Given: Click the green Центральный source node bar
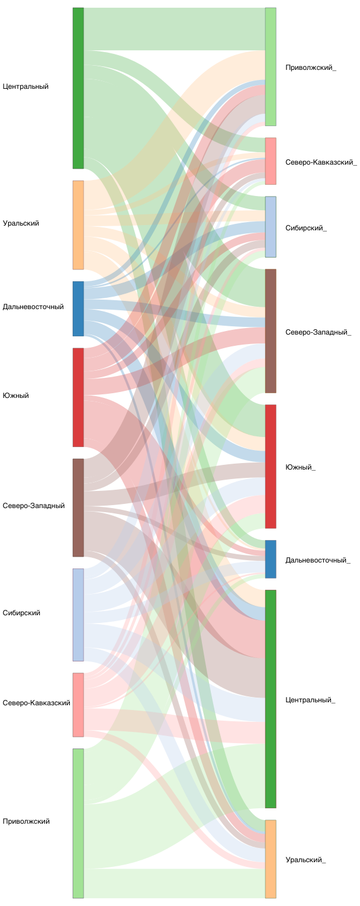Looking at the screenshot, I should click(78, 88).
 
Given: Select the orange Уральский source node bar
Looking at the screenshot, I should click(78, 225).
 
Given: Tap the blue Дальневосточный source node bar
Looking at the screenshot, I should click(78, 309).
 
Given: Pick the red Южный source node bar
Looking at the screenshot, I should click(78, 397).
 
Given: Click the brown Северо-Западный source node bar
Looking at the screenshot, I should click(78, 507).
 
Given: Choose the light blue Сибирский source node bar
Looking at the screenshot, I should click(78, 615).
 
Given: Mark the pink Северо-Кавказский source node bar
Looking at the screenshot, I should click(78, 705).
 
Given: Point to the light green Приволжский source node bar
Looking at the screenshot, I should click(78, 823).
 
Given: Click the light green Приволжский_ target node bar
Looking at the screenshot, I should click(271, 67).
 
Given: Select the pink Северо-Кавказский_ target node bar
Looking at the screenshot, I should click(271, 161).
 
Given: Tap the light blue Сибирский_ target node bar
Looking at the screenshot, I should click(271, 227).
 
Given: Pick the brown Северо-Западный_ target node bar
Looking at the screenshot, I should click(271, 331).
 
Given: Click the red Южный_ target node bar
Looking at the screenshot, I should click(271, 467).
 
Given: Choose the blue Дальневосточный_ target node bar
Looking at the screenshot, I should click(271, 559).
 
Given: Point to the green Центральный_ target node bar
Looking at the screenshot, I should click(271, 699).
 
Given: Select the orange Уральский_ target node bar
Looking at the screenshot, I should click(271, 859).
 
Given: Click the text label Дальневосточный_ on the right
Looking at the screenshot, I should click(317, 560).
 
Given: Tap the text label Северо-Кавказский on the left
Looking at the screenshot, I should click(37, 703).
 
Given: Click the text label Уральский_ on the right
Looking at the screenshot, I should click(306, 859).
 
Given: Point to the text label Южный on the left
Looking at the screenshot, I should click(16, 396).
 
